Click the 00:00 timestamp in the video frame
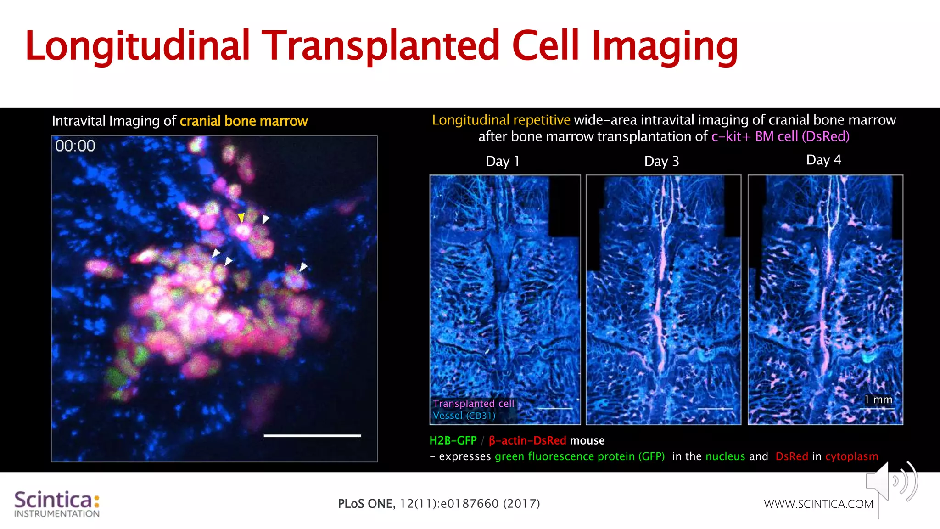[75, 146]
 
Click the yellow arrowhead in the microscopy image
[241, 217]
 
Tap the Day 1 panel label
[503, 162]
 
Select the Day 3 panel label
[661, 162]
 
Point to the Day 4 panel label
[823, 160]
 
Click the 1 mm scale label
[878, 400]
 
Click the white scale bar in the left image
[312, 435]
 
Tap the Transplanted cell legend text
[473, 404]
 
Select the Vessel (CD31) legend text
[464, 416]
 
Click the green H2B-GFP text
[453, 441]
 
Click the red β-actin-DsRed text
[527, 441]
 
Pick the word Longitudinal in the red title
[138, 46]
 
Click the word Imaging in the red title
[665, 46]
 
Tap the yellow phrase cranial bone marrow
[244, 121]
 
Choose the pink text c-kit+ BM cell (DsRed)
[780, 137]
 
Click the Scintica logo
[57, 504]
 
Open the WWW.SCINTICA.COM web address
[818, 504]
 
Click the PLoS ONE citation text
[439, 504]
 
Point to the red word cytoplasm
[851, 456]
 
